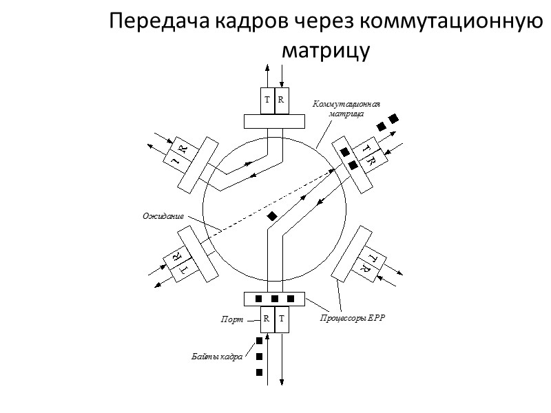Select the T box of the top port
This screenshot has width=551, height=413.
[267, 100]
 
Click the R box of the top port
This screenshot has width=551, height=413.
[282, 100]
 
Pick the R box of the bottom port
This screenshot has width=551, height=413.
[267, 319]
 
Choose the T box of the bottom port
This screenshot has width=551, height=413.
[282, 319]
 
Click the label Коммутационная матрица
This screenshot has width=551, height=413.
[346, 109]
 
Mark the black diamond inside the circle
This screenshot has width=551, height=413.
[273, 217]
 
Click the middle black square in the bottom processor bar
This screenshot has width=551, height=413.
[274, 299]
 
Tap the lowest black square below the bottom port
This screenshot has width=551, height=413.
[259, 372]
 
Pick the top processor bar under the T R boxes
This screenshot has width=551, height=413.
[274, 122]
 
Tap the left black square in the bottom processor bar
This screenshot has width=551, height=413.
[258, 299]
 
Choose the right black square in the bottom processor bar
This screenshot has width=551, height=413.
[291, 299]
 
